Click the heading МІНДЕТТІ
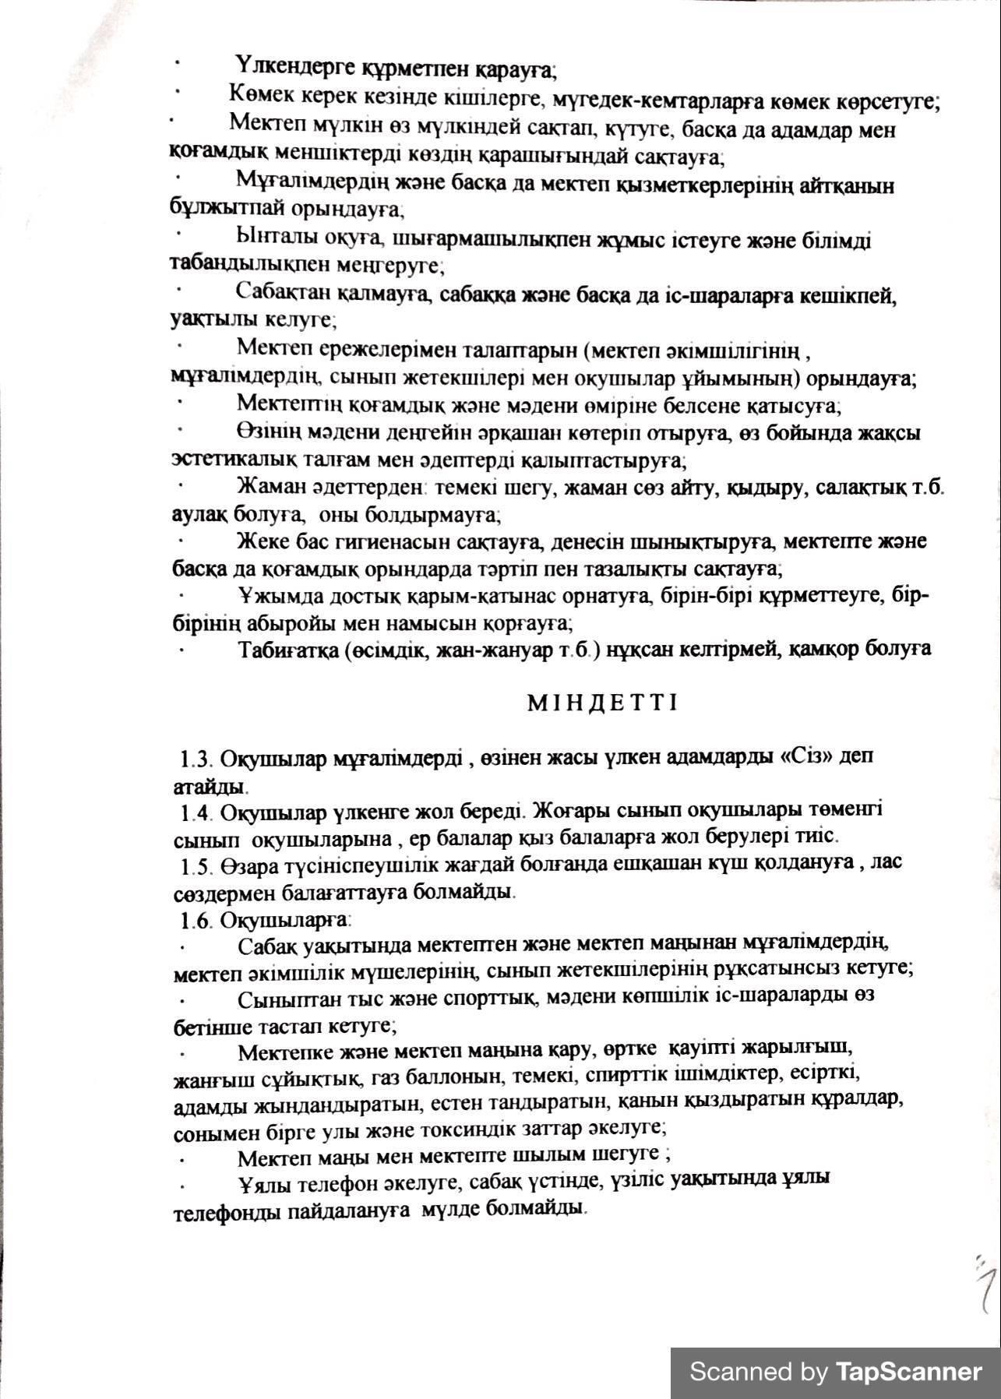coord(603,703)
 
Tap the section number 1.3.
coord(196,758)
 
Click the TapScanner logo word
coord(909,1370)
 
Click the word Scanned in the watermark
coord(740,1370)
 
